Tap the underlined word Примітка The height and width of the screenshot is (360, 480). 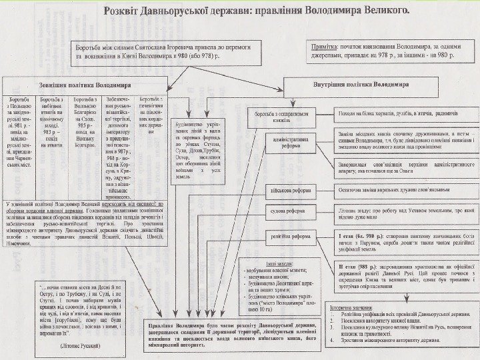pyautogui.click(x=326, y=47)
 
